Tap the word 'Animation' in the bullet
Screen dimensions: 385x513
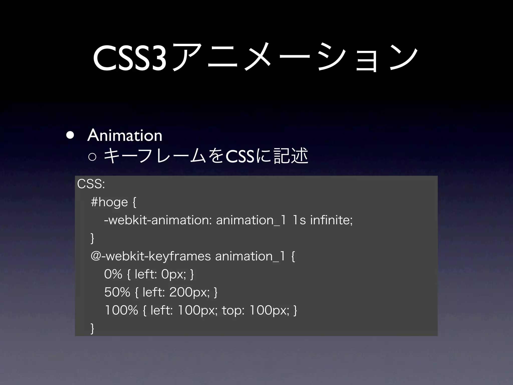coord(125,136)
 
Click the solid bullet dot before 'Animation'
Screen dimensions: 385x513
coord(70,135)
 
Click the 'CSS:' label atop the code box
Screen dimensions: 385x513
coord(91,184)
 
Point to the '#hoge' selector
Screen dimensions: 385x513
coord(109,202)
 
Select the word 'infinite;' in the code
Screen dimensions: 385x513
coord(331,220)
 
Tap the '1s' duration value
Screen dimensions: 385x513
coord(299,220)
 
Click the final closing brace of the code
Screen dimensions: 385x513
coord(92,328)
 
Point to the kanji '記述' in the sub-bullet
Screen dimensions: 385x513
coord(291,156)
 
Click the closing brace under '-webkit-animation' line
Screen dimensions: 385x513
coord(92,238)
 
